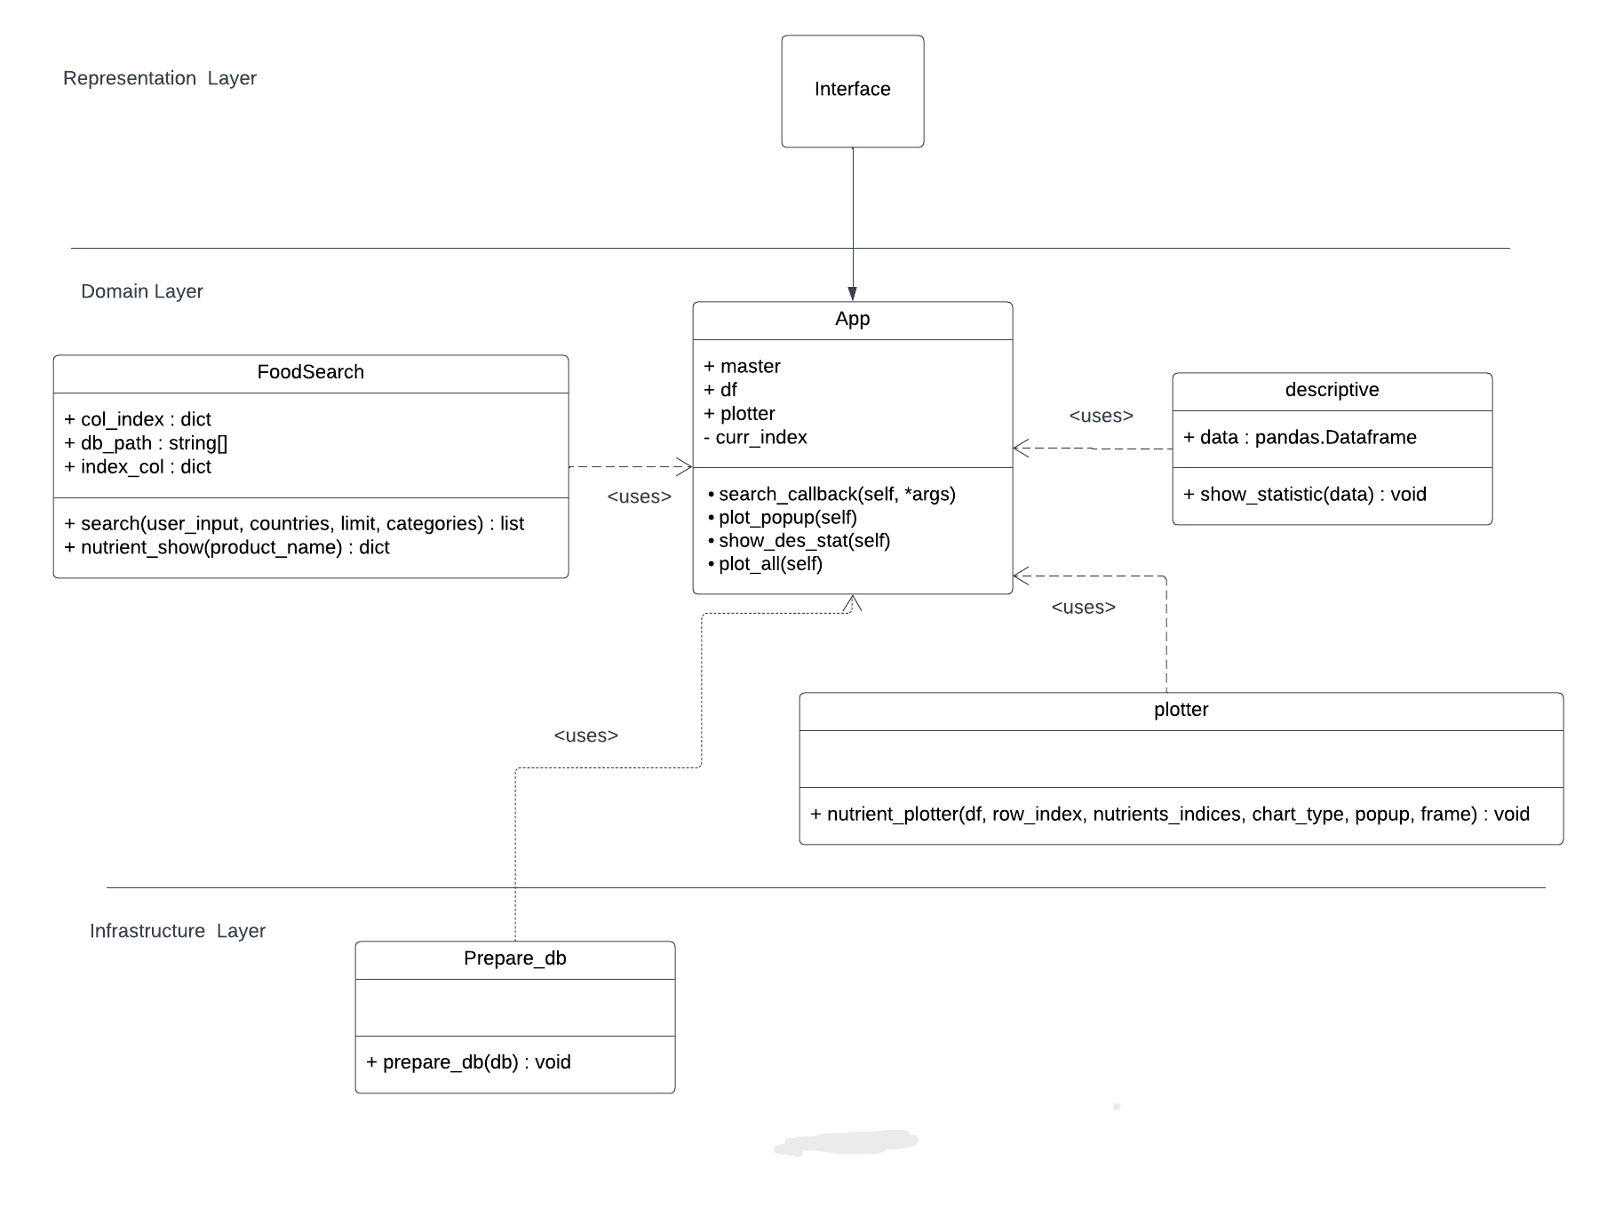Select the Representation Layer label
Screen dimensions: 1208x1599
(159, 78)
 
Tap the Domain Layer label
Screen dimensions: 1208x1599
(141, 291)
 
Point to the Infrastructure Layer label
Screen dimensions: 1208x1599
(177, 931)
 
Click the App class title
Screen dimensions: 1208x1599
(852, 319)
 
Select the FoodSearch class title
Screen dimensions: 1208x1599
(310, 372)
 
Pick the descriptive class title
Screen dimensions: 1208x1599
(1332, 390)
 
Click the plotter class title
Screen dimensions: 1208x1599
(1181, 710)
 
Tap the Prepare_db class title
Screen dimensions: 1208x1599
(514, 958)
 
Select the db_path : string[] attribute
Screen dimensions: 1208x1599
(146, 442)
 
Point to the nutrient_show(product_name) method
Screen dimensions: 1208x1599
(227, 547)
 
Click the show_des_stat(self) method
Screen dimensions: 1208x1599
(803, 540)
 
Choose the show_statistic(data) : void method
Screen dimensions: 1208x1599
(1304, 494)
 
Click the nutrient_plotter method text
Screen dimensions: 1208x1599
(1169, 814)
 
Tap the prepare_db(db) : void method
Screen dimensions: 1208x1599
(468, 1062)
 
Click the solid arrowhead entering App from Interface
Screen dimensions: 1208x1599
(852, 294)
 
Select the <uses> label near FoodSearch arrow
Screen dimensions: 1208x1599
(639, 497)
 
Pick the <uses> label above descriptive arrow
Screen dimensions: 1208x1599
(1101, 416)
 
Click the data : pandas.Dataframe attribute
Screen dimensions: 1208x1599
(1300, 437)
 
